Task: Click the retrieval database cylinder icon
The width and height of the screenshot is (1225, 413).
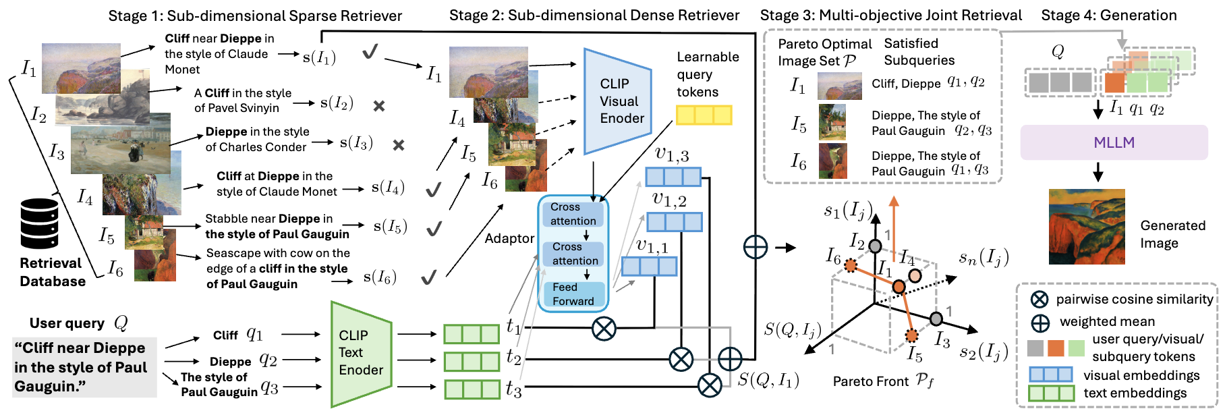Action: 39,223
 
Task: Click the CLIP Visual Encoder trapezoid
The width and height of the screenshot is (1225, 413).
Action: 617,101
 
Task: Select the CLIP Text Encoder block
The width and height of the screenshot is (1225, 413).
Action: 360,353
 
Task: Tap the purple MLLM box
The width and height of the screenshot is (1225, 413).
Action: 1114,142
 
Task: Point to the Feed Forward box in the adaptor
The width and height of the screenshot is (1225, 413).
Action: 573,294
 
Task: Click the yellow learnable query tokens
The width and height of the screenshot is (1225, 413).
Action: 704,115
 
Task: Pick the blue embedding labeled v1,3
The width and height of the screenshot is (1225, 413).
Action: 673,177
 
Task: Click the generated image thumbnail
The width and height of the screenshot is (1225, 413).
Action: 1087,227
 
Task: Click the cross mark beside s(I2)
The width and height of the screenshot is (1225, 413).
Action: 379,106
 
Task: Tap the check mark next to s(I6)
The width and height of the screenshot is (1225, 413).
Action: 428,277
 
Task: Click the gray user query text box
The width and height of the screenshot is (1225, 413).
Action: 84,367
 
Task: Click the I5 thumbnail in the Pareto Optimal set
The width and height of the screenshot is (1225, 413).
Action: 832,122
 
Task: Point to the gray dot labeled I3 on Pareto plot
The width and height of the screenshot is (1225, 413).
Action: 936,319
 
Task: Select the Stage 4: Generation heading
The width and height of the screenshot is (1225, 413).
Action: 1108,15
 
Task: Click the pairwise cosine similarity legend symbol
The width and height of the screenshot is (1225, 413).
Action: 1039,300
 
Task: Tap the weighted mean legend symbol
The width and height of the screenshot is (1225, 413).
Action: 1039,323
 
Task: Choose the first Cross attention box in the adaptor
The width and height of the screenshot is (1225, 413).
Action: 573,214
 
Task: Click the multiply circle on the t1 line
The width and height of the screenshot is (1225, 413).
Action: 604,329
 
